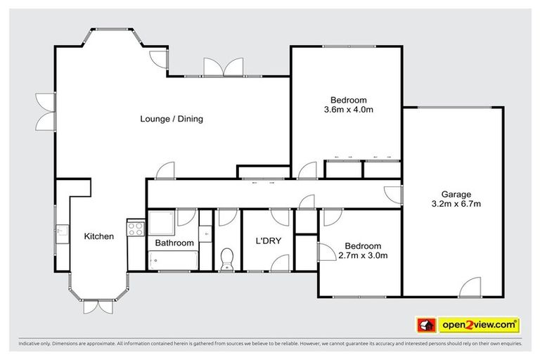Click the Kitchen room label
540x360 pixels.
click(98, 236)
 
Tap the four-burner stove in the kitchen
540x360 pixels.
click(134, 228)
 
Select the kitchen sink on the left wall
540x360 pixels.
click(62, 231)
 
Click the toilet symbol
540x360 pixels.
click(227, 259)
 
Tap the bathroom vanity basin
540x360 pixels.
click(205, 232)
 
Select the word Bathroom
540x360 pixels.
click(174, 243)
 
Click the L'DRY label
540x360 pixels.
click(268, 240)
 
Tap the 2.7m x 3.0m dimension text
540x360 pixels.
click(363, 255)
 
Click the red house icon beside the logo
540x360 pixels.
click(425, 326)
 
